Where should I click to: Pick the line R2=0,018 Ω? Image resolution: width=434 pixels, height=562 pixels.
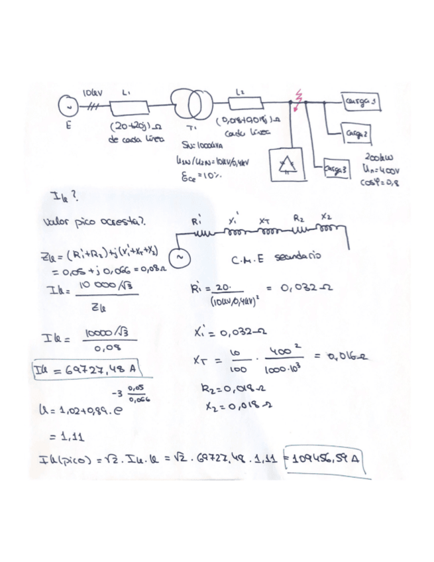222,390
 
